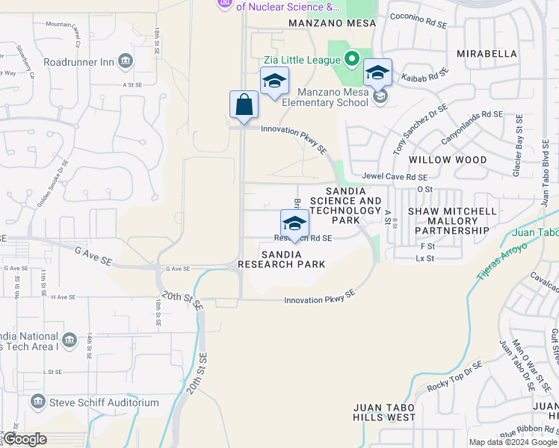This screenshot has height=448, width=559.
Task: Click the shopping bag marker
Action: (244, 105)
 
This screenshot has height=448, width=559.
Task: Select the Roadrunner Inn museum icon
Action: (125, 61)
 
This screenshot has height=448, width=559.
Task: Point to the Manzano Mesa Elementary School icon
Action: (380, 96)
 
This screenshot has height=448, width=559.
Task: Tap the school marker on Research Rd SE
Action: (294, 223)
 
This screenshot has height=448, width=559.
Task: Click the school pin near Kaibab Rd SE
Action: (377, 72)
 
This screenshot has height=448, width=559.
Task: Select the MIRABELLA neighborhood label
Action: (487, 54)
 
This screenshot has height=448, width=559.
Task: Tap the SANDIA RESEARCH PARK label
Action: (281, 259)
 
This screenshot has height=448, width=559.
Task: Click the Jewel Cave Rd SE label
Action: (395, 177)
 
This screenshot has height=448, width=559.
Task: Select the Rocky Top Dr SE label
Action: (454, 378)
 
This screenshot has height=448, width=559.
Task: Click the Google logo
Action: (25, 440)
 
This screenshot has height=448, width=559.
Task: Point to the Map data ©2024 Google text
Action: (512, 442)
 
